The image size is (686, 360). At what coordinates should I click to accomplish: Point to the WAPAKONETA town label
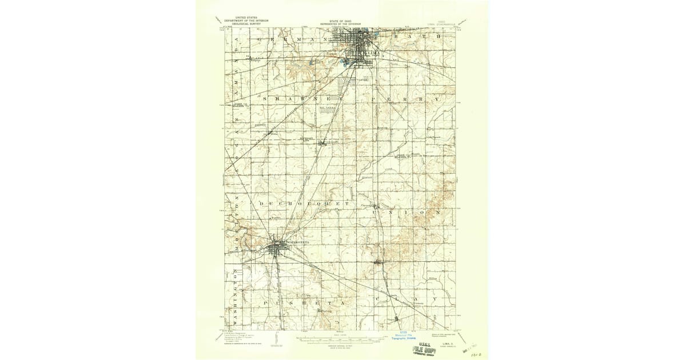click(296, 242)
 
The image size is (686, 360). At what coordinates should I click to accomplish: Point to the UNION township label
click(406, 212)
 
